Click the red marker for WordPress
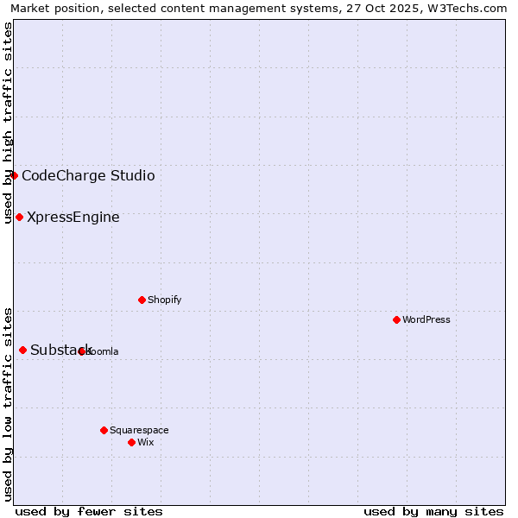click(x=396, y=319)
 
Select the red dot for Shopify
click(x=142, y=300)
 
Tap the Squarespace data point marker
click(x=104, y=430)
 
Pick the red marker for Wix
click(x=131, y=442)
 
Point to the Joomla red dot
click(x=82, y=351)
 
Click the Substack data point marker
click(x=23, y=350)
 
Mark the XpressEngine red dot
click(x=19, y=217)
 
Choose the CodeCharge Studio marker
click(x=14, y=175)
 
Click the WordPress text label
click(x=426, y=319)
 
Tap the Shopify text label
click(x=164, y=300)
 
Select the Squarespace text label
click(x=139, y=430)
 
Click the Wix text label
click(x=146, y=442)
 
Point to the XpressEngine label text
click(x=73, y=218)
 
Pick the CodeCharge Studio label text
click(x=88, y=176)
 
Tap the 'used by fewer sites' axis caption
click(x=89, y=511)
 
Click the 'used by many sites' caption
click(x=433, y=511)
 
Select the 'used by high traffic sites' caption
click(x=8, y=123)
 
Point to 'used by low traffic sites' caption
click(x=8, y=403)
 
